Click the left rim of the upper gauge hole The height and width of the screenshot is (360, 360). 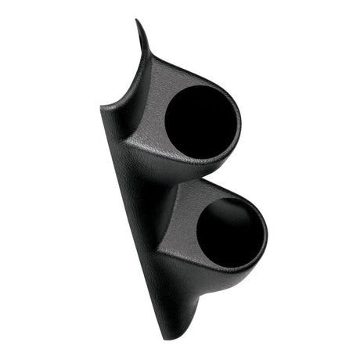coord(165,121)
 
